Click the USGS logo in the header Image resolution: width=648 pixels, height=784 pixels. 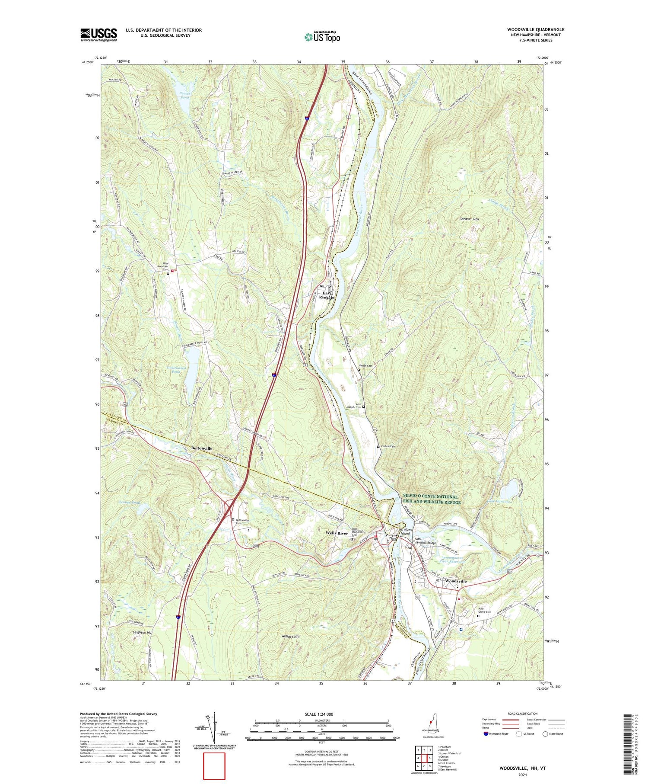coord(98,35)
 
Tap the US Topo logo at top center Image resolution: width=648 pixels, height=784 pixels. coord(322,36)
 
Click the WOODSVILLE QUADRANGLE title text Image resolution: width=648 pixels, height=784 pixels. coord(535,29)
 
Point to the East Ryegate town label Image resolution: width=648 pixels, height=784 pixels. coord(327,295)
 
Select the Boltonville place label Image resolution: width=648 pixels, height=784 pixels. coord(201,448)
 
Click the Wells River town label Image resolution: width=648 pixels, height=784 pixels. coord(337,533)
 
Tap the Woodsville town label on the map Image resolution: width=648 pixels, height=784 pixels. coord(455,581)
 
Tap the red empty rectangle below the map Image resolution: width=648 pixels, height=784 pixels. coord(214,766)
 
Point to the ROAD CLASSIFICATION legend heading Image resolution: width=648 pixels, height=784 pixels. coord(523,714)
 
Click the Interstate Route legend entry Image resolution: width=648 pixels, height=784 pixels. coord(497,733)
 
